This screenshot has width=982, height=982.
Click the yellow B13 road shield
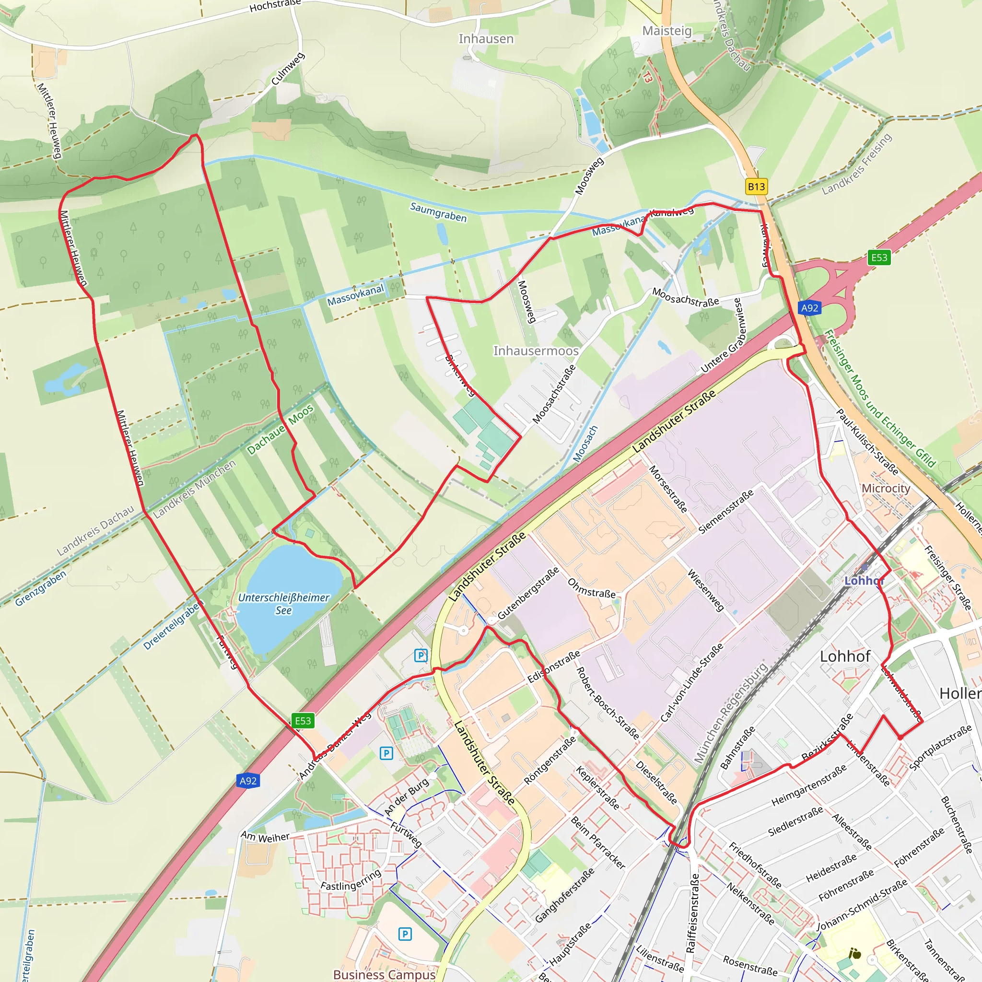click(756, 187)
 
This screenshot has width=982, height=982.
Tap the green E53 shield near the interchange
click(879, 257)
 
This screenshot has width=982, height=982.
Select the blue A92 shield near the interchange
click(809, 307)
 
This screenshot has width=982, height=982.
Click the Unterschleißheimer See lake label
click(284, 604)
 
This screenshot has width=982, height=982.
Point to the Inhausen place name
click(486, 39)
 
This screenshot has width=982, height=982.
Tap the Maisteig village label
click(667, 31)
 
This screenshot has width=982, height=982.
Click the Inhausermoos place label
click(536, 351)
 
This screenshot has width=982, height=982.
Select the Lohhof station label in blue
click(864, 581)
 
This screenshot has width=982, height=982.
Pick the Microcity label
click(886, 488)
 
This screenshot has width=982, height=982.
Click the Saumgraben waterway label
click(438, 212)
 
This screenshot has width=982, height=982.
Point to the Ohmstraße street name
click(591, 588)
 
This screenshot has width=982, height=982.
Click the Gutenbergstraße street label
click(528, 593)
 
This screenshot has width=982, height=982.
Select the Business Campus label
click(384, 974)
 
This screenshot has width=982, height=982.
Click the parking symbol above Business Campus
click(405, 934)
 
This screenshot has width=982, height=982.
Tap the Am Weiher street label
click(265, 837)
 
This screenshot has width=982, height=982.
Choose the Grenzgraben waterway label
click(41, 589)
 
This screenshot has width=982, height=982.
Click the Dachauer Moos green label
click(280, 430)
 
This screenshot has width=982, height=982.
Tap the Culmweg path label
click(288, 69)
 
